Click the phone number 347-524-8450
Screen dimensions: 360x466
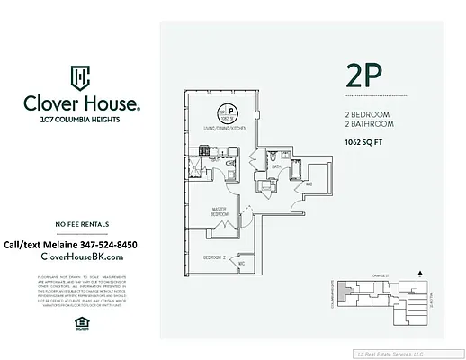[103, 244]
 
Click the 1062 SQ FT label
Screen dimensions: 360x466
[367, 142]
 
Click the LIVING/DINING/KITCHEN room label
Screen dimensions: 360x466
[224, 130]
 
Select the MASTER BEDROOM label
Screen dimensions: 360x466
[218, 213]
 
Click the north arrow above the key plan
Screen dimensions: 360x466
[418, 272]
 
